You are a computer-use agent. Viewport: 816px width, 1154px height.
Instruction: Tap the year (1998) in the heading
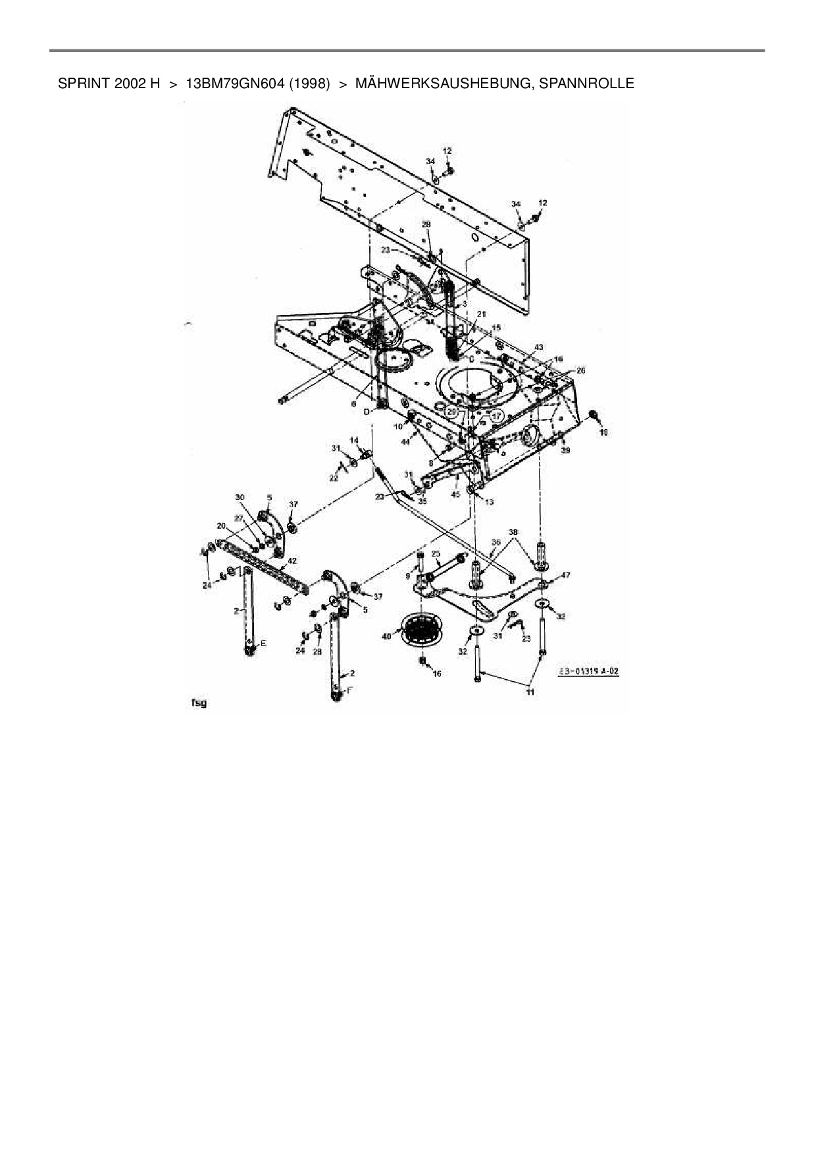tap(309, 84)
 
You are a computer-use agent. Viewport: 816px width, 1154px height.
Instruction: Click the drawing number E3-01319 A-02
tap(588, 671)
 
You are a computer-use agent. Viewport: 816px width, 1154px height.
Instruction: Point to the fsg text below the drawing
tap(199, 703)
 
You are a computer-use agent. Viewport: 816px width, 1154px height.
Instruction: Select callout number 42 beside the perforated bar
tap(292, 561)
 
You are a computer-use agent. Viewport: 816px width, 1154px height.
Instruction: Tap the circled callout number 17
tap(496, 416)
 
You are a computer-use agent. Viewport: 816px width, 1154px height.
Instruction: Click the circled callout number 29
tap(451, 411)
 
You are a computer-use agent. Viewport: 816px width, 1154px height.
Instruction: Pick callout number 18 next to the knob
tap(603, 432)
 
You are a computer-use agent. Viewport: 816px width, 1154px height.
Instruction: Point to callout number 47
tap(566, 575)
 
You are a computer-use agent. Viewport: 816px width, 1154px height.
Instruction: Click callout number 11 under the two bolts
tap(530, 691)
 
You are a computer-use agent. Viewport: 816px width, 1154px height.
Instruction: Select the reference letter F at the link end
tap(349, 690)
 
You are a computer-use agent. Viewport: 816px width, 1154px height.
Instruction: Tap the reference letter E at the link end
tap(263, 643)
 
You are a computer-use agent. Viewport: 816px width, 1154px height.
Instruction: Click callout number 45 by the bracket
tap(455, 494)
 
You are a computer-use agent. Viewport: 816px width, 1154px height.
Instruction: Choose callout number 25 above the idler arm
tap(436, 554)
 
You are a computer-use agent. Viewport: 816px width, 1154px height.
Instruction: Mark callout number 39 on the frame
tap(565, 450)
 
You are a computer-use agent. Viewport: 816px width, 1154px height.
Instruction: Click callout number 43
tap(538, 347)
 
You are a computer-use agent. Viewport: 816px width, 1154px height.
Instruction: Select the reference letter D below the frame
tap(367, 412)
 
